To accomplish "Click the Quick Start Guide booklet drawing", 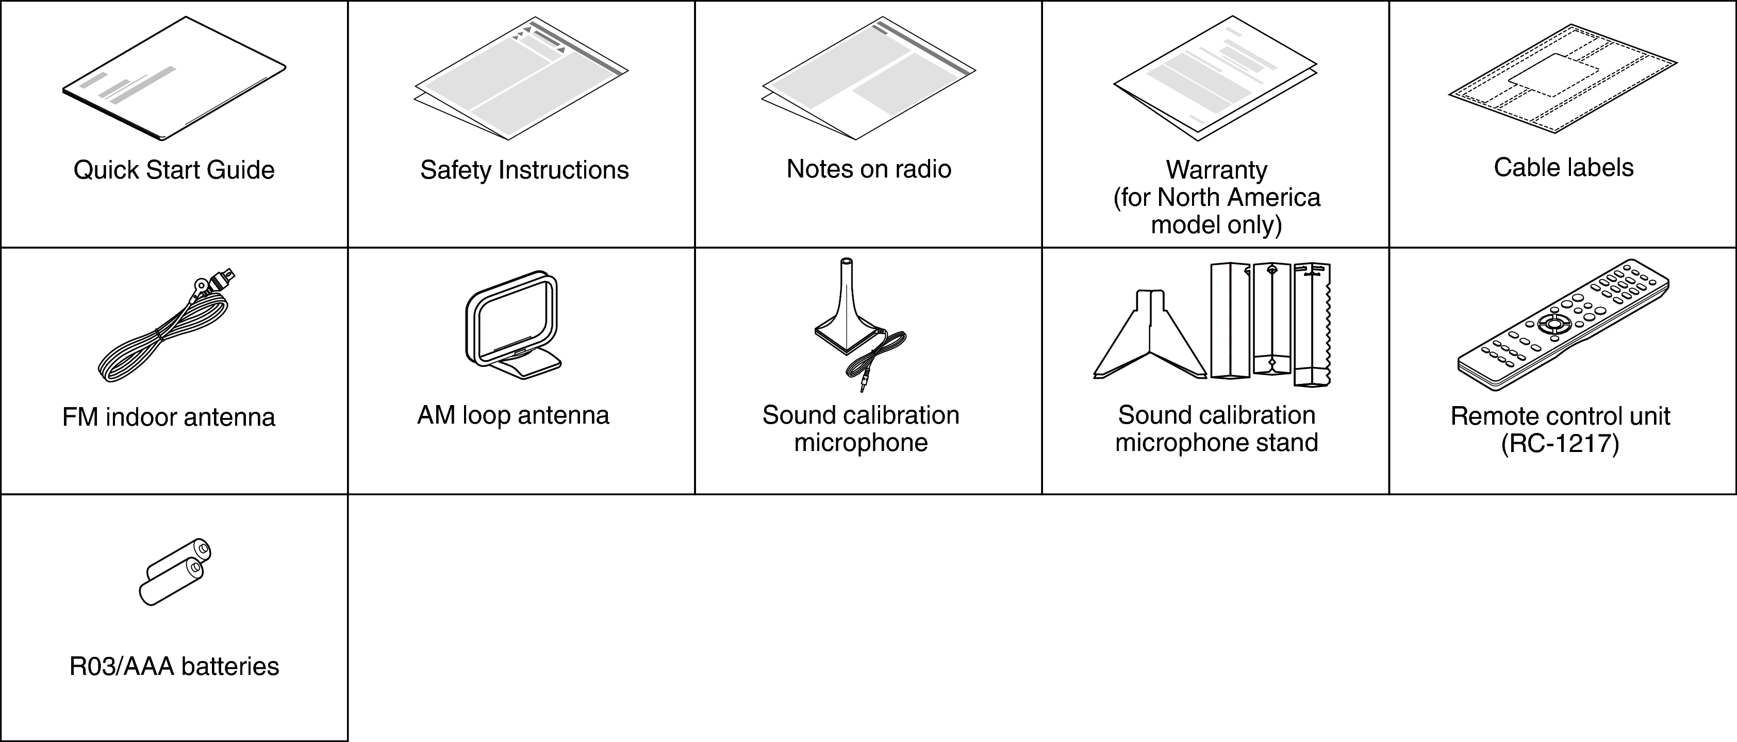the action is (x=174, y=79).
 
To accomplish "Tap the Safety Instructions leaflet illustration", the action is (x=521, y=78).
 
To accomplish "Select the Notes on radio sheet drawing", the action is (x=868, y=78).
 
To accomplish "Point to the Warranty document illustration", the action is (x=1215, y=78).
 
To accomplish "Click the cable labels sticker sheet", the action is (x=1563, y=78).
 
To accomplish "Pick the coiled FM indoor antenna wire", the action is (x=165, y=327).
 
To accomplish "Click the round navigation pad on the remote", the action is (x=1553, y=324).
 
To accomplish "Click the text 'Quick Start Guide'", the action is (x=174, y=170).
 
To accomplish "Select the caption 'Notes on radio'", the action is (x=868, y=169).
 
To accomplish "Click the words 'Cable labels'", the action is (x=1563, y=167).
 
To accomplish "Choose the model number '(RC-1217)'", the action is (x=1560, y=444).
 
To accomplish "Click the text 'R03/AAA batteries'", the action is (x=174, y=667).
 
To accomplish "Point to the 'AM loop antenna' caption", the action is (x=513, y=415).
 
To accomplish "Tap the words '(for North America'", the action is (x=1216, y=198).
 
